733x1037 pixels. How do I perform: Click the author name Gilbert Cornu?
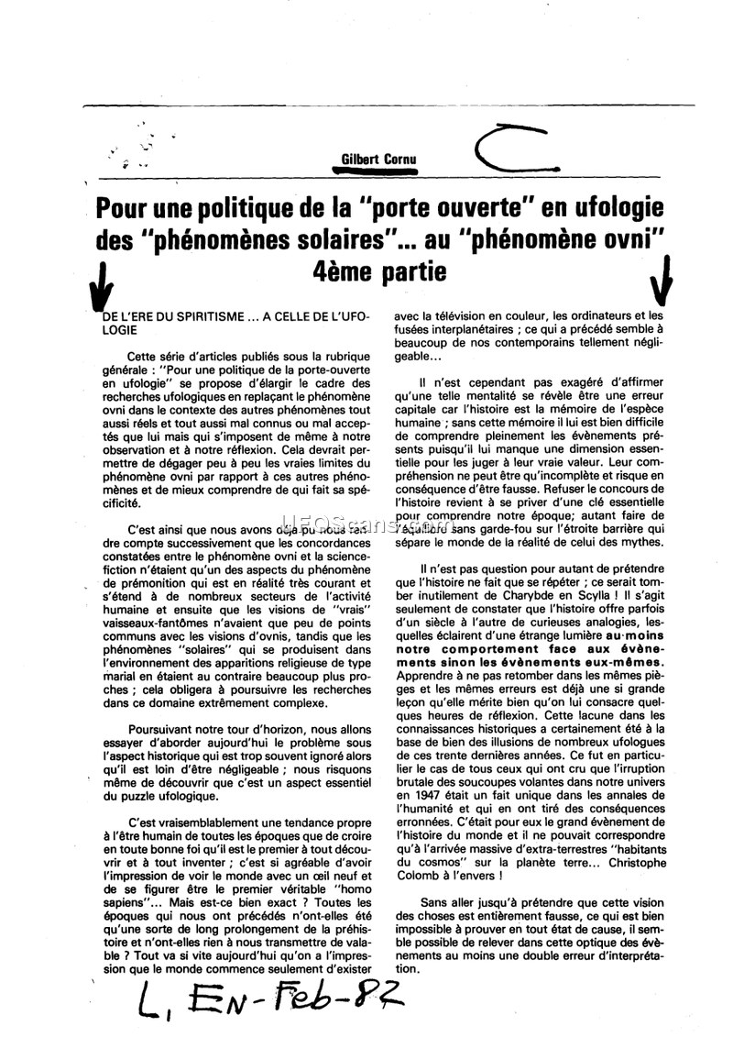pos(378,159)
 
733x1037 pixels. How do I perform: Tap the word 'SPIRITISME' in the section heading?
pos(202,316)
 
